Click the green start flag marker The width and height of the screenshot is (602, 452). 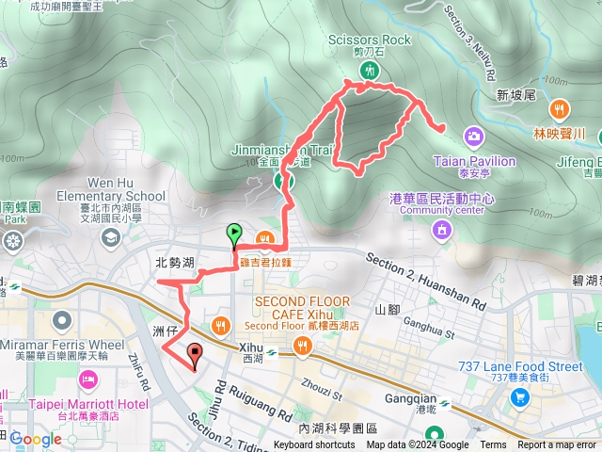[233, 234]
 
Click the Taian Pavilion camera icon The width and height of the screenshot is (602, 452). [473, 137]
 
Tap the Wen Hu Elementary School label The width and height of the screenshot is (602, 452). [111, 188]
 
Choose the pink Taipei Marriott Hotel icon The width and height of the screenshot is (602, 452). [87, 379]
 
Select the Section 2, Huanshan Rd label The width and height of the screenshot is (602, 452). [425, 281]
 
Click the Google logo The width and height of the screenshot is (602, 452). [36, 439]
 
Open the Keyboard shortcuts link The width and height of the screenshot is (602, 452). [314, 445]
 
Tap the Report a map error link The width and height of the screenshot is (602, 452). [557, 445]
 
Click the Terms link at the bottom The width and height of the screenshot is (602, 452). [493, 445]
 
